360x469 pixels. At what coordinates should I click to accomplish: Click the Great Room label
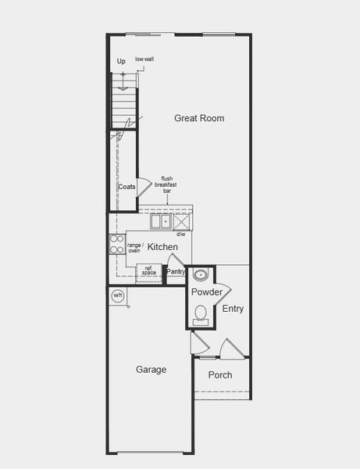[x=199, y=118]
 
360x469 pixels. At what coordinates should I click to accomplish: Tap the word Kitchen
[x=162, y=247]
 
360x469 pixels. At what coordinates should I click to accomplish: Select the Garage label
[x=151, y=370]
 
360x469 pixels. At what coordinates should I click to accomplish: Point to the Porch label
[x=219, y=375]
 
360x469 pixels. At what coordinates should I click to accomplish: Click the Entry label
[x=233, y=309]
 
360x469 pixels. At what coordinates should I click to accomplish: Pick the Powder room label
[x=207, y=292]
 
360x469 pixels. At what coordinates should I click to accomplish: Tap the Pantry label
[x=176, y=272]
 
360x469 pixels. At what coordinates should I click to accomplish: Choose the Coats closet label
[x=127, y=187]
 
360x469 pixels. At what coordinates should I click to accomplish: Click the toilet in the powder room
[x=201, y=314]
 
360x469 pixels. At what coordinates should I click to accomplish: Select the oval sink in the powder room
[x=201, y=275]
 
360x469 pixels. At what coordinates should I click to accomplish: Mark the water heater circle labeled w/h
[x=118, y=295]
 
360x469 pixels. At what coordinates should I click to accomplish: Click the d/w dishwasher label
[x=180, y=234]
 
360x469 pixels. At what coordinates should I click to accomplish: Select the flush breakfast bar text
[x=167, y=184]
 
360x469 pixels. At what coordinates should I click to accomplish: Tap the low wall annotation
[x=144, y=59]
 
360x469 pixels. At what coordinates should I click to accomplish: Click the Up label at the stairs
[x=121, y=61]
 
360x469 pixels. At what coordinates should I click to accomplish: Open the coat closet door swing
[x=144, y=188]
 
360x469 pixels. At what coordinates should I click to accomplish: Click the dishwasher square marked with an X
[x=181, y=221]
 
